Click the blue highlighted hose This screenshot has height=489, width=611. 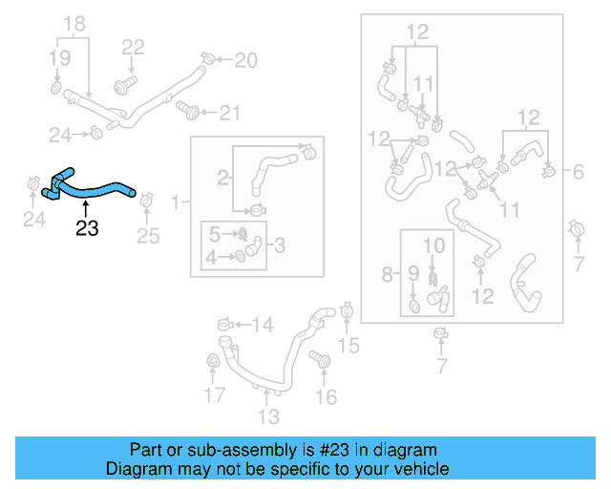(x=95, y=188)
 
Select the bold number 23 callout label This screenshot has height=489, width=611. (x=87, y=228)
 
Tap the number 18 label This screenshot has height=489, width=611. (x=74, y=23)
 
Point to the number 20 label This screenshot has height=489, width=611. (x=245, y=61)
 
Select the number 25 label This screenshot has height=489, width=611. (x=148, y=236)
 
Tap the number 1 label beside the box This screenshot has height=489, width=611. (x=175, y=202)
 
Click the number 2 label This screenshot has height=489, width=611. (x=222, y=178)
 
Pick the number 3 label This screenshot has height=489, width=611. (x=280, y=245)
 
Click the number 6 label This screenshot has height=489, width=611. (x=579, y=173)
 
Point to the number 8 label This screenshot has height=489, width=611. (x=387, y=275)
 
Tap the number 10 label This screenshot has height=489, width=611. (x=434, y=245)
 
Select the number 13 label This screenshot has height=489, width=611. (x=268, y=415)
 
